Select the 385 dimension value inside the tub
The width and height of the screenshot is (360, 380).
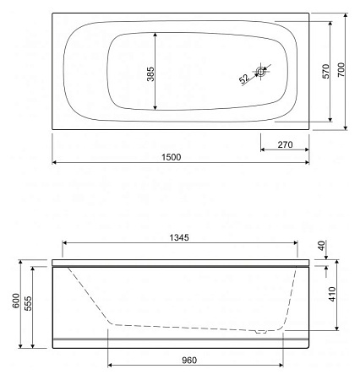coord(150,72)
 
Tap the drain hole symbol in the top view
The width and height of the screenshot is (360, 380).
coord(261,73)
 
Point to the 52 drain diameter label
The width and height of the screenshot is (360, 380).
coord(244,79)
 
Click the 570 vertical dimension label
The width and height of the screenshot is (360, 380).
coord(325,72)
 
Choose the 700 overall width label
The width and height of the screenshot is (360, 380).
coord(342,72)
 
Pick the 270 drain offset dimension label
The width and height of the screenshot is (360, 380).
coord(285,145)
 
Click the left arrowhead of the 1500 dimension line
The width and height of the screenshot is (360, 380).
coord(54,162)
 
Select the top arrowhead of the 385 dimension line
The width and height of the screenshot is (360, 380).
coord(156,35)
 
